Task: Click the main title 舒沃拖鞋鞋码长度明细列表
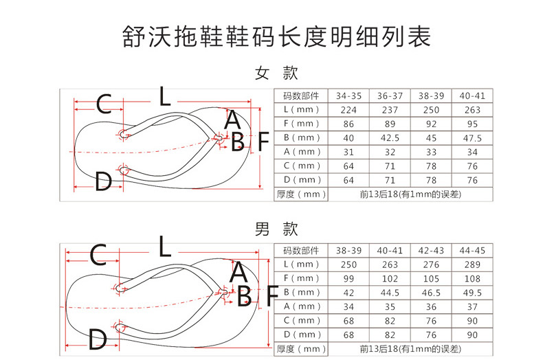click(x=276, y=36)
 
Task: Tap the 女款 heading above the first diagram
click(x=276, y=73)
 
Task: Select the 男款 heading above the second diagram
click(x=276, y=229)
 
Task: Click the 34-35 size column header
click(x=348, y=96)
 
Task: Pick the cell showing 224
click(x=348, y=110)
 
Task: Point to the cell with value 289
click(x=472, y=265)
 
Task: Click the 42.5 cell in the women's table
click(x=390, y=138)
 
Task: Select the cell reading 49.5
click(x=472, y=293)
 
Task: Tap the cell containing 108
click(x=472, y=279)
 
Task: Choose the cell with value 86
click(x=348, y=124)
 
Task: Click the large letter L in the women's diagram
click(x=164, y=96)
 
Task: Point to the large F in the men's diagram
click(x=273, y=296)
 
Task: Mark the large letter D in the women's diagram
click(x=103, y=181)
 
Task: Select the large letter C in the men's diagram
click(x=98, y=255)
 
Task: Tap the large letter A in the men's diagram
click(x=239, y=272)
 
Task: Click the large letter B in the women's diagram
click(x=238, y=142)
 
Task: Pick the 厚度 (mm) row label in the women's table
click(x=301, y=194)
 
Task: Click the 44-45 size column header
click(x=472, y=251)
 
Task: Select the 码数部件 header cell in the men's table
click(x=301, y=251)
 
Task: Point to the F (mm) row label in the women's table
click(x=301, y=124)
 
